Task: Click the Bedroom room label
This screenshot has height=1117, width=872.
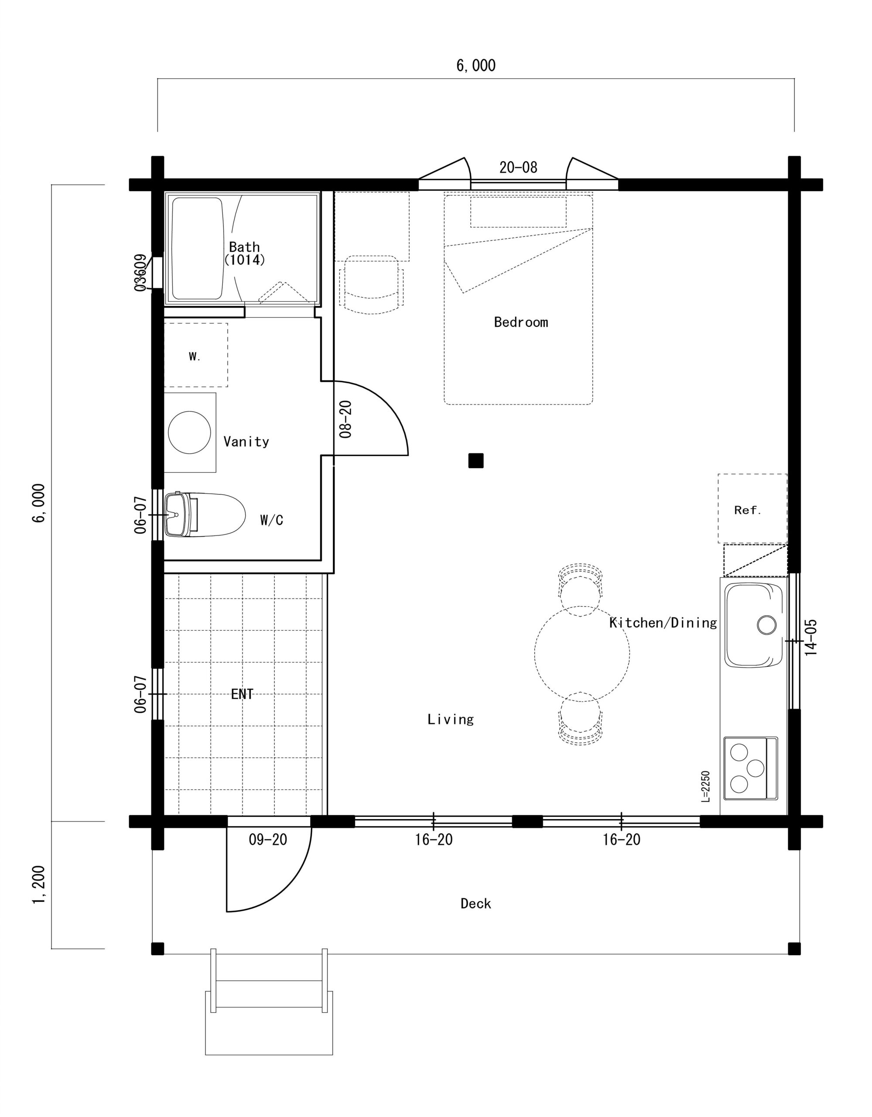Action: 521,322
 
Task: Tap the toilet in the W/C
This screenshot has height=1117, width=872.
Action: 205,514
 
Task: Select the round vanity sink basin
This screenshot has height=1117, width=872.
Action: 189,432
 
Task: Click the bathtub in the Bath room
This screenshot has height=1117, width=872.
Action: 197,249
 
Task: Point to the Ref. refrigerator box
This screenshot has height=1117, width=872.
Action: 752,508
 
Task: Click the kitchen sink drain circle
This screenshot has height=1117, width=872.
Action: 766,624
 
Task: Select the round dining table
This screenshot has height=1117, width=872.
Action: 582,653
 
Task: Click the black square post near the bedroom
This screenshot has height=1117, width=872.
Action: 475,460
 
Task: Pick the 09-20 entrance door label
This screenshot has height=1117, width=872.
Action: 268,839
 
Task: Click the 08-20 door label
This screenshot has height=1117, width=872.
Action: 346,419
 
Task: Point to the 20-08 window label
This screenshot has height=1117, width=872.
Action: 518,167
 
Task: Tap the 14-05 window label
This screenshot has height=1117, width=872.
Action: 810,637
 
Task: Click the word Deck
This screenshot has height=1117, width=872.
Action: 475,904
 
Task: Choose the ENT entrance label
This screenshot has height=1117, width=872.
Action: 243,694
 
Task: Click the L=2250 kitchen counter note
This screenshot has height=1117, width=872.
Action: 706,786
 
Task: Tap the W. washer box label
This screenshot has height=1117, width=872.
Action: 195,356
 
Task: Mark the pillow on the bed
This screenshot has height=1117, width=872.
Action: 518,212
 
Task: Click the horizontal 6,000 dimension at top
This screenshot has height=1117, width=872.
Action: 475,65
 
